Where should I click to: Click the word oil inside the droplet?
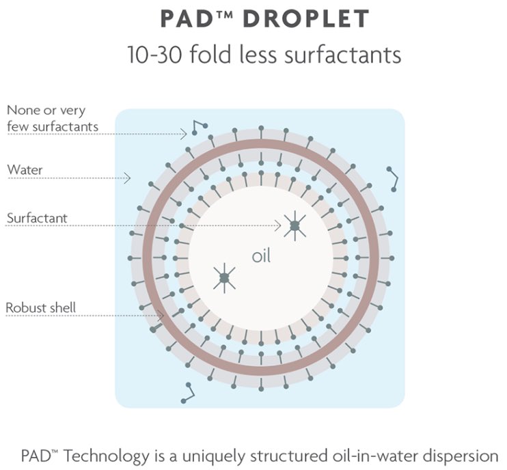tap(261, 257)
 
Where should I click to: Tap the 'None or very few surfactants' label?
tap(52, 117)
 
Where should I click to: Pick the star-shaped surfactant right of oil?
tap(294, 225)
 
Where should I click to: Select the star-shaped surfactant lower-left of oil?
tap(223, 277)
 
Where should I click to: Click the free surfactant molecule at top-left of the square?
tap(198, 126)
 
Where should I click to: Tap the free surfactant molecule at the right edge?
tap(392, 178)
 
